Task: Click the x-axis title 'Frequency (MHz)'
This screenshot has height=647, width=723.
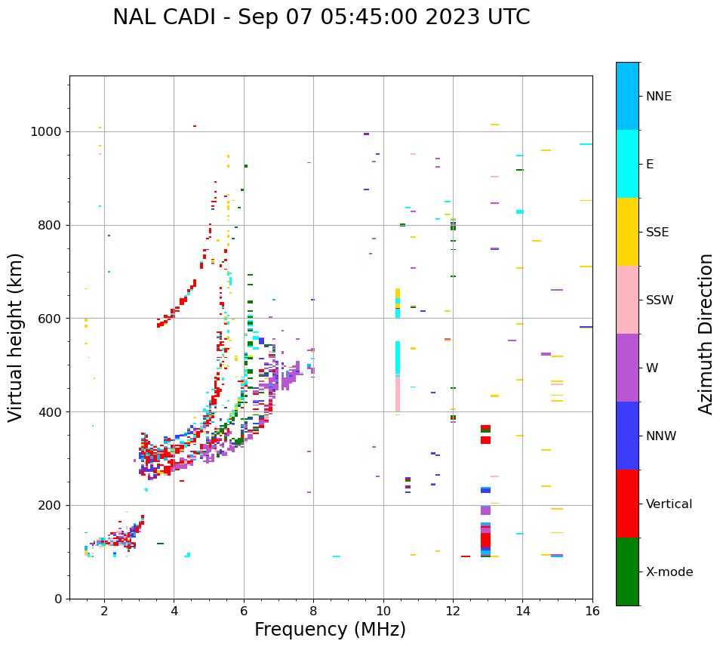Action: (330, 630)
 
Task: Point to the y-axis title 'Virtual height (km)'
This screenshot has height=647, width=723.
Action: (16, 337)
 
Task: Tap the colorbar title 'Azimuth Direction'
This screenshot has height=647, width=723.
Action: (706, 334)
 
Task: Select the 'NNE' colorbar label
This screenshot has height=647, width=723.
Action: (658, 97)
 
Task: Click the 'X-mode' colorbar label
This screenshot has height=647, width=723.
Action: (669, 572)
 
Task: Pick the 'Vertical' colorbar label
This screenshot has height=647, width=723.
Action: (669, 504)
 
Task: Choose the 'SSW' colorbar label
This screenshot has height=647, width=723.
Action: (660, 300)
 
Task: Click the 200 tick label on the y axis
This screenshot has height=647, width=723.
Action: (49, 505)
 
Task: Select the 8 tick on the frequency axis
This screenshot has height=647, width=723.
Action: (313, 610)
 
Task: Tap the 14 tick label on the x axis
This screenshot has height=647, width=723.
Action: (522, 610)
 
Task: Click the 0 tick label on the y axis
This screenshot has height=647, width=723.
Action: (57, 599)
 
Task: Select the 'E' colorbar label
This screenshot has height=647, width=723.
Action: (650, 165)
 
